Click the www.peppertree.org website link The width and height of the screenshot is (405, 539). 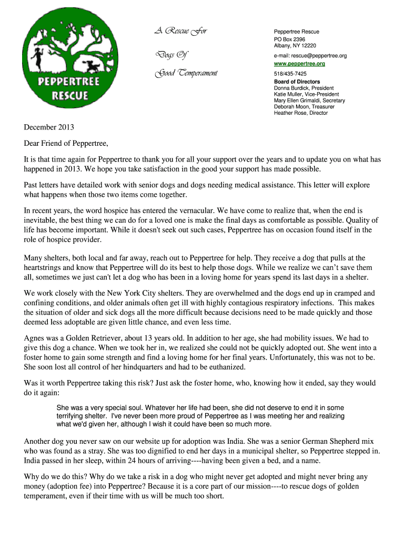tap(299, 64)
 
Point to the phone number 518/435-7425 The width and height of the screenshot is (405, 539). tap(290, 74)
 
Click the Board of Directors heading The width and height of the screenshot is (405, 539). tap(297, 82)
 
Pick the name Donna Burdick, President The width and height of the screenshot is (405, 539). tap(303, 88)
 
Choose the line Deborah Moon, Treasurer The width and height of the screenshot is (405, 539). tap(304, 107)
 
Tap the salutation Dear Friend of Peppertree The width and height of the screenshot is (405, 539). tap(66, 143)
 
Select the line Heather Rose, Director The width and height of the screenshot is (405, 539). tap(300, 113)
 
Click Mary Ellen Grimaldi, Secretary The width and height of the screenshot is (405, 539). tap(309, 101)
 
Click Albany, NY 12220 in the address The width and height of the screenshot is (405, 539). tap(295, 46)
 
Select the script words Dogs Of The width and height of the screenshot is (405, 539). tap(167, 55)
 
